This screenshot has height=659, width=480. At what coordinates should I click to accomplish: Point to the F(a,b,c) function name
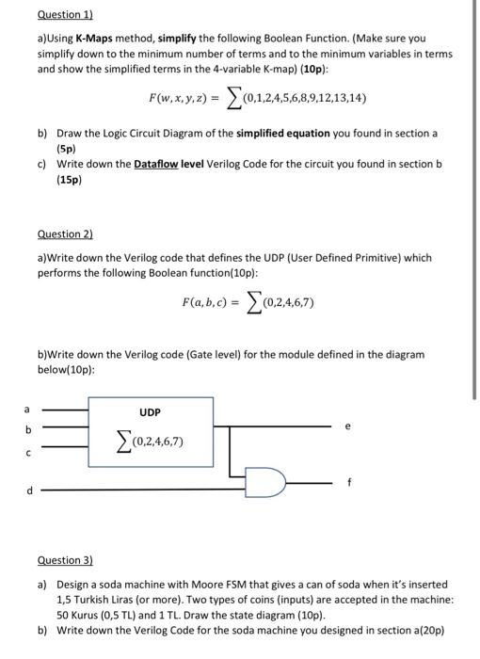(x=212, y=302)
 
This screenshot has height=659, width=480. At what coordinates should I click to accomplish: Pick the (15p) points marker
(x=69, y=180)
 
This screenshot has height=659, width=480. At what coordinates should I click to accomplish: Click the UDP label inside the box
(x=150, y=412)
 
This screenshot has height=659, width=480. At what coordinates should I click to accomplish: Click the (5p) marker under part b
(x=66, y=149)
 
